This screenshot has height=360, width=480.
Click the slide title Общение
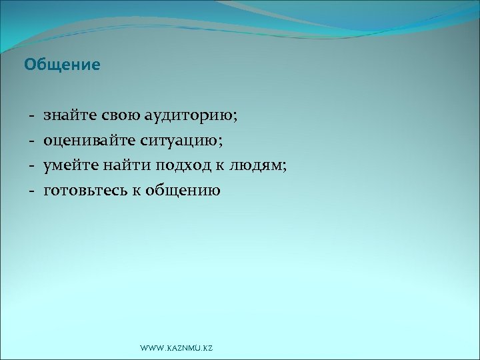[62, 65]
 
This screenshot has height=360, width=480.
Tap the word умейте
[71, 166]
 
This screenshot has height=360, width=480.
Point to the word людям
[257, 166]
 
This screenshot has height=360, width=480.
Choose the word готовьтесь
[83, 191]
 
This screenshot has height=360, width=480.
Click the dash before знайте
[31, 117]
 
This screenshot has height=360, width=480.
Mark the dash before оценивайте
[31, 141]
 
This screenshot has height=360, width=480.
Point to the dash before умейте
[31, 166]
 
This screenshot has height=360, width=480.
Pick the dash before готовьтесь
[31, 191]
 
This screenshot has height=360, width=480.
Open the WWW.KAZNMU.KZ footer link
[177, 349]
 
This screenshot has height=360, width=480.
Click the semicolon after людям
[285, 167]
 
